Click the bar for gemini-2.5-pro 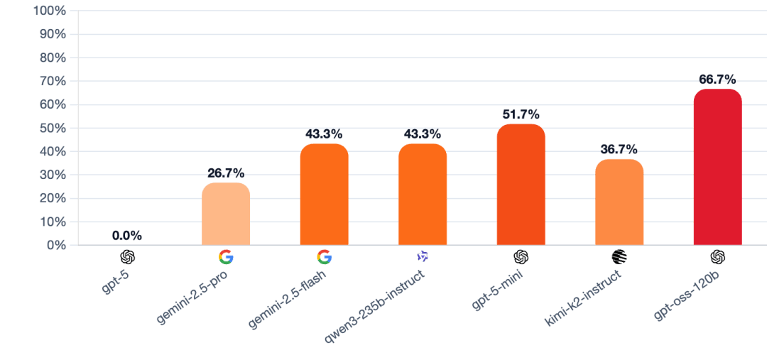(x=226, y=214)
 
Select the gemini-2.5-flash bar (x=324, y=195)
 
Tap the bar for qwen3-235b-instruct (x=423, y=195)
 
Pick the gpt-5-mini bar (x=521, y=185)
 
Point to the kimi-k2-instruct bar (x=619, y=202)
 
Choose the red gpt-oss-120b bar (x=717, y=168)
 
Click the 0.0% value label (x=127, y=235)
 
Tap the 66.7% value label (x=717, y=79)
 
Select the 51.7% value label (x=521, y=114)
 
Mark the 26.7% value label (x=226, y=173)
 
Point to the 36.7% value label (x=619, y=149)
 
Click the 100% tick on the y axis (x=50, y=11)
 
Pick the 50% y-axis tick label (x=53, y=129)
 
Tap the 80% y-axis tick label (x=53, y=58)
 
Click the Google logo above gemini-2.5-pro (x=226, y=257)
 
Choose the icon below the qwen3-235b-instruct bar (x=423, y=256)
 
